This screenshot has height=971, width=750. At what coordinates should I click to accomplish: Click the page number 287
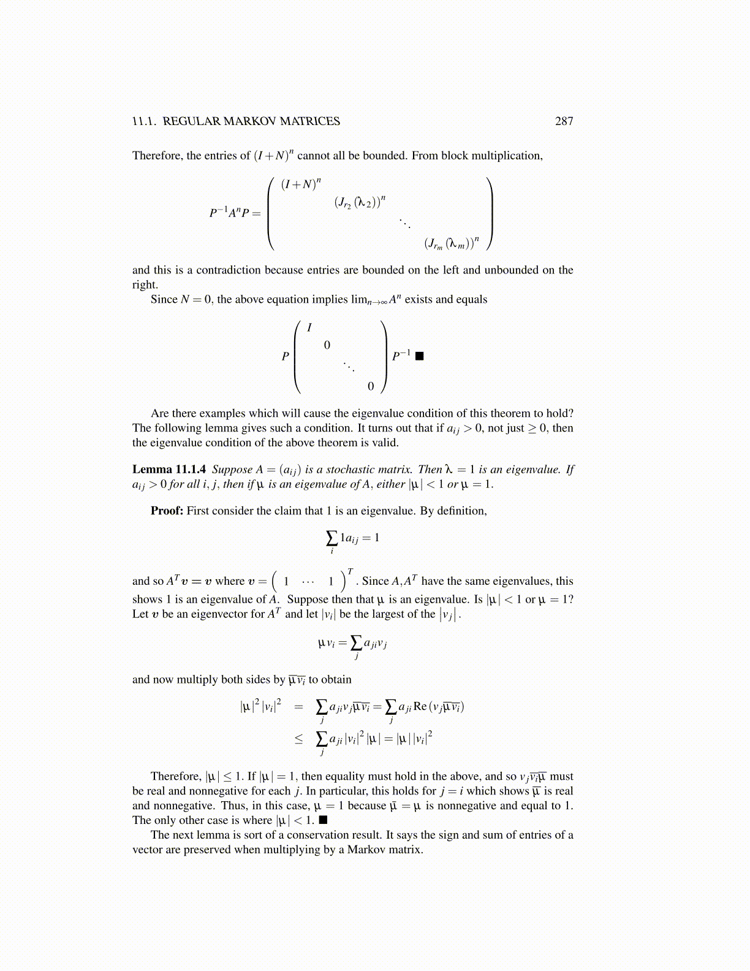point(564,121)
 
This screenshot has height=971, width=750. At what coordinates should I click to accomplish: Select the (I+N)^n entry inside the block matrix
point(301,184)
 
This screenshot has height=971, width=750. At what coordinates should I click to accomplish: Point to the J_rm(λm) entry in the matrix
point(452,243)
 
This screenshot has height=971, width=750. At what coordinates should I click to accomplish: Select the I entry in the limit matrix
point(309,328)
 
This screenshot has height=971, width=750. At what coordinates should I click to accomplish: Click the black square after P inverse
point(419,356)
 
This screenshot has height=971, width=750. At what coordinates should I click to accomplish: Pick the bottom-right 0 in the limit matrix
point(371,386)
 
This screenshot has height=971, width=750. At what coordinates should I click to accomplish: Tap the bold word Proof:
point(167,511)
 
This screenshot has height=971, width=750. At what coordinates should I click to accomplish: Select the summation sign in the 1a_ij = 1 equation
point(331,538)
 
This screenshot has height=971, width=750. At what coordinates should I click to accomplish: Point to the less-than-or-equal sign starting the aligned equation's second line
point(298,739)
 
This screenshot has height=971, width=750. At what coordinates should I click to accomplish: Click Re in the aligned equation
point(420,706)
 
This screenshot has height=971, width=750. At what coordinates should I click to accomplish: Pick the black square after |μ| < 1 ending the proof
point(323,820)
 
